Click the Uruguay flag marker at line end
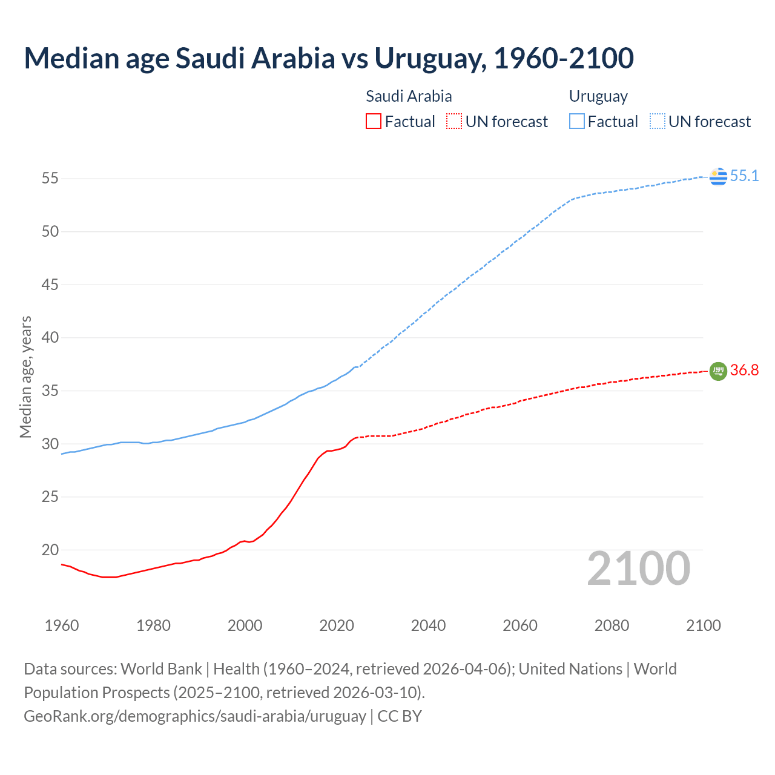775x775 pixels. coord(718,176)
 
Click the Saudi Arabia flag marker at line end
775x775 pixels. coord(718,371)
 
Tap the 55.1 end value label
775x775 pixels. coord(744,176)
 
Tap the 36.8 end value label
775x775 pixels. coord(744,371)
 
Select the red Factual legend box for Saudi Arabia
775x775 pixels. coord(374,122)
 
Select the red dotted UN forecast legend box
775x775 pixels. coord(454,122)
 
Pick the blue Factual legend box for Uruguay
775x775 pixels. coord(577,122)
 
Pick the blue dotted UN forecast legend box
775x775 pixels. coord(657,122)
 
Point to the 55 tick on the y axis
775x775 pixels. coord(50,179)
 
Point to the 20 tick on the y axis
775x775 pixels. coord(50,550)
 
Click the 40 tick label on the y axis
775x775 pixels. coord(50,338)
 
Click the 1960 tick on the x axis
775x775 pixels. coord(62,625)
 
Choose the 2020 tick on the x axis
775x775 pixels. coord(337,625)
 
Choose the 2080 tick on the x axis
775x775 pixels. coord(612,625)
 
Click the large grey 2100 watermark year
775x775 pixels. coord(639,569)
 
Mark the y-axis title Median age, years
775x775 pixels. coord(25,377)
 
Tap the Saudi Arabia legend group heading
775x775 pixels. coord(409,96)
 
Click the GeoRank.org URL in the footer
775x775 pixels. coord(195,716)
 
